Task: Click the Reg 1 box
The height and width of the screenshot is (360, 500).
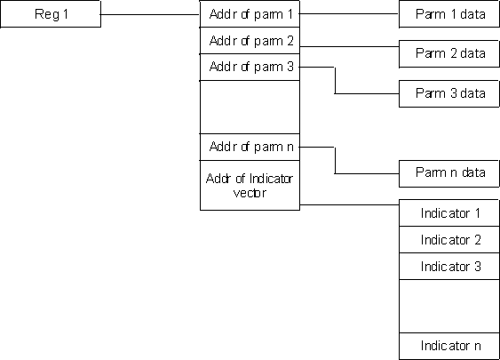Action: click(51, 14)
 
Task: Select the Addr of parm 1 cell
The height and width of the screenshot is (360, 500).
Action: click(250, 14)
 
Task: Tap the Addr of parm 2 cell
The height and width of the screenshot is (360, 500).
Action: click(250, 41)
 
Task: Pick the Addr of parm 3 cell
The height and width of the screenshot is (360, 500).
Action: click(250, 67)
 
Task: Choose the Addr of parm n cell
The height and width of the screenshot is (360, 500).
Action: click(250, 148)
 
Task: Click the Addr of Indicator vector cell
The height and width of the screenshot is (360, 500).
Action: click(250, 186)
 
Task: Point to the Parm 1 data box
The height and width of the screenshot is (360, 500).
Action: click(449, 14)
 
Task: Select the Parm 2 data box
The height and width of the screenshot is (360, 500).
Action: click(449, 53)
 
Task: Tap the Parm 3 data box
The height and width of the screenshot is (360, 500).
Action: click(449, 93)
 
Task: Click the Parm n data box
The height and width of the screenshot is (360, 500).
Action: click(449, 173)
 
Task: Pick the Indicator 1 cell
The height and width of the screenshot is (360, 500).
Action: click(449, 213)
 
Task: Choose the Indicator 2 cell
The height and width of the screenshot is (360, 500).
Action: click(449, 240)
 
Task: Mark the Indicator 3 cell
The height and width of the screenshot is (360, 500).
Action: click(449, 267)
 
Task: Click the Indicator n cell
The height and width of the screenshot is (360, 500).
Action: click(449, 347)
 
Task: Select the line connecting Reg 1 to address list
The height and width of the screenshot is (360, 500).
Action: click(150, 14)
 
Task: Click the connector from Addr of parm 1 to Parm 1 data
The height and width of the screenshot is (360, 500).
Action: click(349, 13)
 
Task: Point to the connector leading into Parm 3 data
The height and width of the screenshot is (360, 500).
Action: click(335, 80)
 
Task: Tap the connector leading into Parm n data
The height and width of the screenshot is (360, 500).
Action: click(335, 161)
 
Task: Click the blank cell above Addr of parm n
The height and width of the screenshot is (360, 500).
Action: click(250, 108)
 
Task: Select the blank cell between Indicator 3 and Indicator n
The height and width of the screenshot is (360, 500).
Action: click(449, 307)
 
